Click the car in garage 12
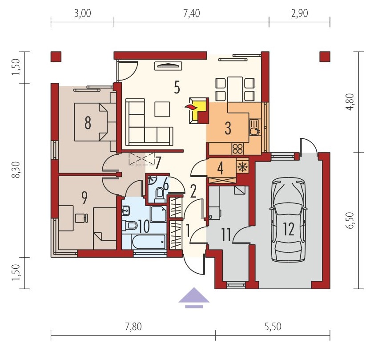[x=288, y=220]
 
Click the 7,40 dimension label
[x=192, y=13]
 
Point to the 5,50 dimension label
[x=273, y=327]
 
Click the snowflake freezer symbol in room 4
[x=242, y=167]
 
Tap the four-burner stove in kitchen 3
[x=238, y=149]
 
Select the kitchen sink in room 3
[x=254, y=127]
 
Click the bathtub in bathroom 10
[x=149, y=242]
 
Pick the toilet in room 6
[x=159, y=195]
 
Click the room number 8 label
[x=88, y=123]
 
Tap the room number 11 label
[x=226, y=235]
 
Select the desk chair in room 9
[x=81, y=218]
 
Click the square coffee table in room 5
[x=162, y=109]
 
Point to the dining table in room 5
[x=235, y=89]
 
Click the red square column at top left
[x=56, y=57]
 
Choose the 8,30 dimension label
[x=16, y=170]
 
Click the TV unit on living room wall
[x=168, y=66]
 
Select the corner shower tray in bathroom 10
[x=158, y=214]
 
